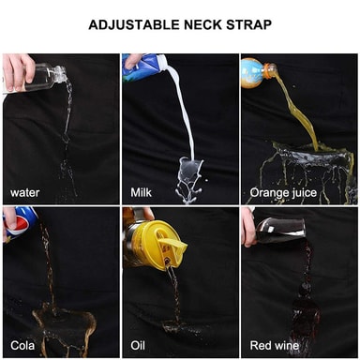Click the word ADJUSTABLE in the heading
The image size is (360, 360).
[134, 24]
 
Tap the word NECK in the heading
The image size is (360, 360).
[203, 24]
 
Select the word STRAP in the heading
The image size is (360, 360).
[249, 24]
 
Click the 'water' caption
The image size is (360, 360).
[24, 192]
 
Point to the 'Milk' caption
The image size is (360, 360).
[141, 192]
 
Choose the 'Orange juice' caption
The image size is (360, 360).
[283, 193]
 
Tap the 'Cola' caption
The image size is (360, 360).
[22, 345]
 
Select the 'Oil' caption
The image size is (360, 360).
[138, 345]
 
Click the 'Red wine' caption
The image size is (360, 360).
[274, 345]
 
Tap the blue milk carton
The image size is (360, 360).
[142, 67]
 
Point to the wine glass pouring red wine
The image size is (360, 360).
[279, 230]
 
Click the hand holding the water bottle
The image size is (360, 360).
[17, 71]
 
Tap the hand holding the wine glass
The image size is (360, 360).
[249, 227]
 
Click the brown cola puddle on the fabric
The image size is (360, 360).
[64, 325]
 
